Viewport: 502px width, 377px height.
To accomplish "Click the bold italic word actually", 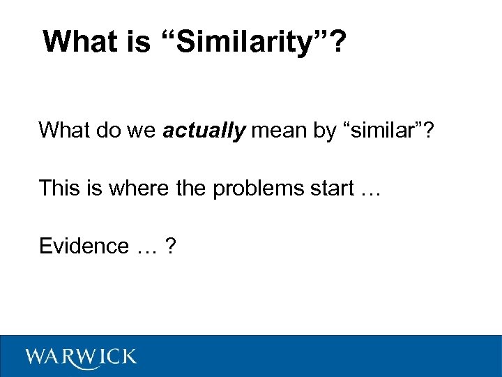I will (x=204, y=130).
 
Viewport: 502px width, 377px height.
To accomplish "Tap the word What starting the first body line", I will (x=64, y=130).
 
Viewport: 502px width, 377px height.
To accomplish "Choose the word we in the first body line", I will (x=143, y=130).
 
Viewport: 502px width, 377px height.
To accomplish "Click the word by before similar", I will (x=324, y=130).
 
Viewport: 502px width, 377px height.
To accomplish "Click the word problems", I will (x=263, y=188).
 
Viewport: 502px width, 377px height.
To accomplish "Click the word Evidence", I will (x=84, y=246).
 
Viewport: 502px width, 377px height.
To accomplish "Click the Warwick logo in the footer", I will (x=81, y=357).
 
